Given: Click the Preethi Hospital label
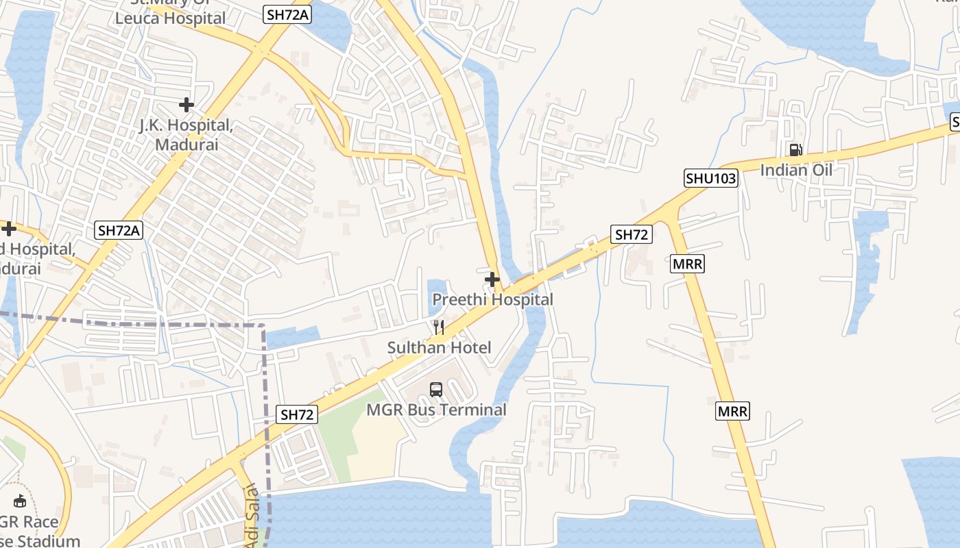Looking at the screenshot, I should click(492, 299).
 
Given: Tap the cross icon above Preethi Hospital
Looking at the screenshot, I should click(492, 279).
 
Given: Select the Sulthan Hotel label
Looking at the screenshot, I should click(439, 347).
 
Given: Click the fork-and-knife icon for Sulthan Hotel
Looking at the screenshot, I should click(439, 327).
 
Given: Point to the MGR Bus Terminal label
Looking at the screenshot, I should click(436, 410).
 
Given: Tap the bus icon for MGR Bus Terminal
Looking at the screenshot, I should click(436, 390).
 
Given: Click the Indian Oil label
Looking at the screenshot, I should click(796, 169).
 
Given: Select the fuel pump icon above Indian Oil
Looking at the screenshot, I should click(795, 149).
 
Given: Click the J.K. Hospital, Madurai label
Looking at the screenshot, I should click(187, 135).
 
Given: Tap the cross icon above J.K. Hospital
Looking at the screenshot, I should click(186, 105).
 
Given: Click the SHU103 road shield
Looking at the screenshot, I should click(711, 179).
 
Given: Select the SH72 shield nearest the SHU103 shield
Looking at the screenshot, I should click(632, 234).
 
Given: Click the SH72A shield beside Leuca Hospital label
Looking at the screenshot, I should click(286, 14).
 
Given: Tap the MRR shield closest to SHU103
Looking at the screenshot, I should click(687, 264).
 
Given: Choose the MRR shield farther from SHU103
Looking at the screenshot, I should click(733, 411).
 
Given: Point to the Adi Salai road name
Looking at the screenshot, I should click(253, 515).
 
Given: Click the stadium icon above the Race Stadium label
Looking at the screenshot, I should click(20, 501).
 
